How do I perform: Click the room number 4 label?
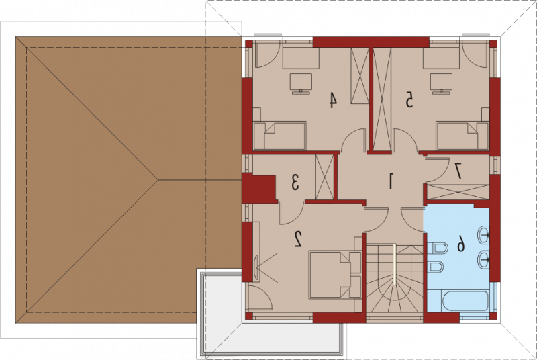click(332, 100)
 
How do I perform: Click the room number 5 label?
click(409, 100)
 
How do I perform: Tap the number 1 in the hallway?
click(390, 181)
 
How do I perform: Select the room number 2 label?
click(298, 239)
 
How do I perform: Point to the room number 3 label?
click(295, 182)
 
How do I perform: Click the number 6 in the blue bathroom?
click(461, 244)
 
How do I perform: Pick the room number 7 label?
click(458, 171)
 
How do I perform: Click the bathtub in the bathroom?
click(465, 301)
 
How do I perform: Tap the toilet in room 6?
click(438, 248)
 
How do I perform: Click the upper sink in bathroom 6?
click(483, 235)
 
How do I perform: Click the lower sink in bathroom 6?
click(483, 260)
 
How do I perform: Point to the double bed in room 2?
click(335, 275)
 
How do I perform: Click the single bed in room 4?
click(279, 136)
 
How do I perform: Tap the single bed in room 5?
click(462, 136)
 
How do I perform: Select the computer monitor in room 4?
click(301, 83)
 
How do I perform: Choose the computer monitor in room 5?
click(441, 83)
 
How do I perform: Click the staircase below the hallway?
click(395, 283)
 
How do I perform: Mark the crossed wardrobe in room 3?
click(324, 177)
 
